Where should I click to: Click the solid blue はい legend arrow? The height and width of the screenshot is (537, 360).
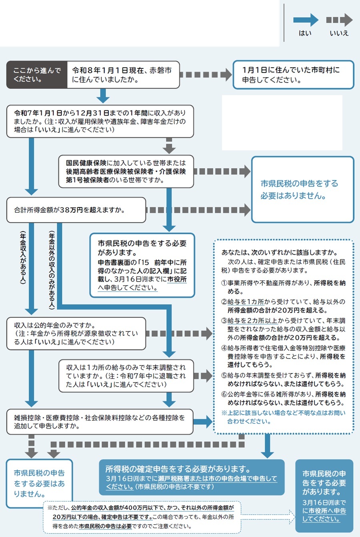click(306, 20)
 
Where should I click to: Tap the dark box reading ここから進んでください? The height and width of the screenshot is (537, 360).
click(37, 75)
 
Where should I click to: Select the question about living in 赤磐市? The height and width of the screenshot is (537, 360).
click(122, 75)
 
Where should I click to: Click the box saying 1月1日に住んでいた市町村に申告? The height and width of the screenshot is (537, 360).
click(293, 75)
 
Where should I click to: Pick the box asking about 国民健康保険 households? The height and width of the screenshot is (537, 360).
click(126, 172)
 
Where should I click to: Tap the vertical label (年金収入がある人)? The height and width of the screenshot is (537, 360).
click(23, 258)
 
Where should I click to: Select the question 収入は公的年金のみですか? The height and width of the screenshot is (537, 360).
click(76, 333)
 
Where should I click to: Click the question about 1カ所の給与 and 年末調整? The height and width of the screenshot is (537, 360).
click(126, 376)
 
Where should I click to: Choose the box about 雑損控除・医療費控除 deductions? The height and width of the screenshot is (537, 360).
click(100, 422)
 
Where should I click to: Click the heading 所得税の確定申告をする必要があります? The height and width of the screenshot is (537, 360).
click(178, 469)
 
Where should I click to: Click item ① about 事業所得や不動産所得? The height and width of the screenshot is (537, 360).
click(283, 287)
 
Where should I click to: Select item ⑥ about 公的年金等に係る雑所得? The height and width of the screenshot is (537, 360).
click(283, 398)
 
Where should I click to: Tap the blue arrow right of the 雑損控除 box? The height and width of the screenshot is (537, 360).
click(203, 421)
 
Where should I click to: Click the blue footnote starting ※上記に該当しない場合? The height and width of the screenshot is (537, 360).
click(283, 417)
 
